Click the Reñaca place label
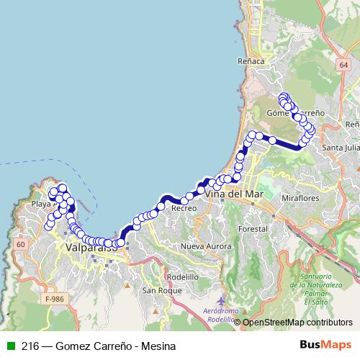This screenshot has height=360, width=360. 251,62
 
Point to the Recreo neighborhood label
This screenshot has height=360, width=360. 184,208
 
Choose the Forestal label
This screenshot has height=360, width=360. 253,228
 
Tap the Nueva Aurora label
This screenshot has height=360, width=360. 203,246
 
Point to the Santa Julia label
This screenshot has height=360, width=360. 341,148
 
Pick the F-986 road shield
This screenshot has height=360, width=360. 54,298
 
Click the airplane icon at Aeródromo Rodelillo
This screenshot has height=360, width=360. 220,300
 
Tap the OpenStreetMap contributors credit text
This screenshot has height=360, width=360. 297,323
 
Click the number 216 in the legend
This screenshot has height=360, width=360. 30,346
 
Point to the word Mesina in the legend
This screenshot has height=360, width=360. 159,346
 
